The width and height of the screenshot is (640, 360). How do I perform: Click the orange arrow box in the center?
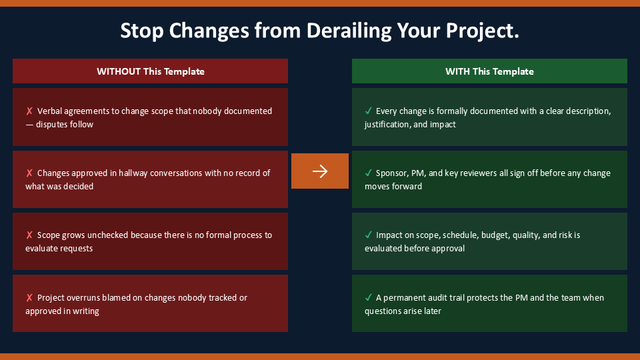pos(319,171)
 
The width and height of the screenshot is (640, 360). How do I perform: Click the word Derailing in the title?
pos(349,31)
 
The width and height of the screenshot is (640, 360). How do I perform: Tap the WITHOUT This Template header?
pos(150,71)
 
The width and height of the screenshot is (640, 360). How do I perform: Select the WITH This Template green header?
pos(489,71)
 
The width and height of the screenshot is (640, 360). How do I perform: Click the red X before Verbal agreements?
pos(29,111)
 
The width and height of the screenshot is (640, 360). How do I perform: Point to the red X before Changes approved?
pos(29,173)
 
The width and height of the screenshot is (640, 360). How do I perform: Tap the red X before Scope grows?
pos(29,235)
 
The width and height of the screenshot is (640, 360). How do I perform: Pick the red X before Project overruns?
pos(29,297)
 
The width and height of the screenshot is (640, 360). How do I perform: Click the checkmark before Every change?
pos(369,111)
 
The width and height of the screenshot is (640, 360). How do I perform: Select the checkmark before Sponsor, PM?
pos(369,173)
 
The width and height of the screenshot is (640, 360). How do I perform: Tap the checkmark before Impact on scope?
pos(369,235)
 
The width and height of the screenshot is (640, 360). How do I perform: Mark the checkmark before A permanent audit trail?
pos(369,297)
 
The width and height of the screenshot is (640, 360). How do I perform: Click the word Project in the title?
pos(482,31)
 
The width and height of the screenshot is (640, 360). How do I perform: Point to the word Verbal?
pos(49,111)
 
